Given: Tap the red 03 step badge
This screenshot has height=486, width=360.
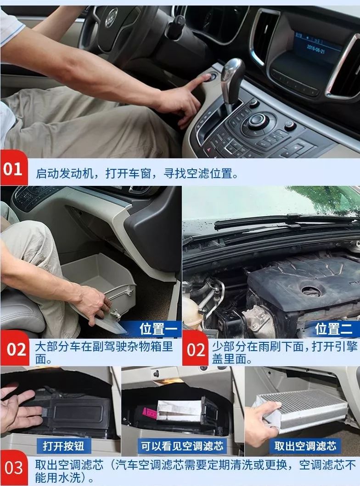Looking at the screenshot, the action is (x=14, y=468).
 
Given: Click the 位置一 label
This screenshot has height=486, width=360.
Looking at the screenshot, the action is (x=158, y=329).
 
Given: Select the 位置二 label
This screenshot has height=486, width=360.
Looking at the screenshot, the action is (x=334, y=329).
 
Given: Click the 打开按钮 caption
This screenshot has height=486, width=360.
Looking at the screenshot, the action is (x=63, y=446).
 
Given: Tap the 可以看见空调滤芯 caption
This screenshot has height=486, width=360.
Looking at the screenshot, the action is (x=182, y=446).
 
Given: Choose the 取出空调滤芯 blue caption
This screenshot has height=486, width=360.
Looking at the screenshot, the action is (x=305, y=446).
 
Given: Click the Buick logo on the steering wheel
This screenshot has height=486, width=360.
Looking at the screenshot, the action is (x=111, y=17).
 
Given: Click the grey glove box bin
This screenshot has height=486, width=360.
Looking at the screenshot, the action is (x=99, y=279).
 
